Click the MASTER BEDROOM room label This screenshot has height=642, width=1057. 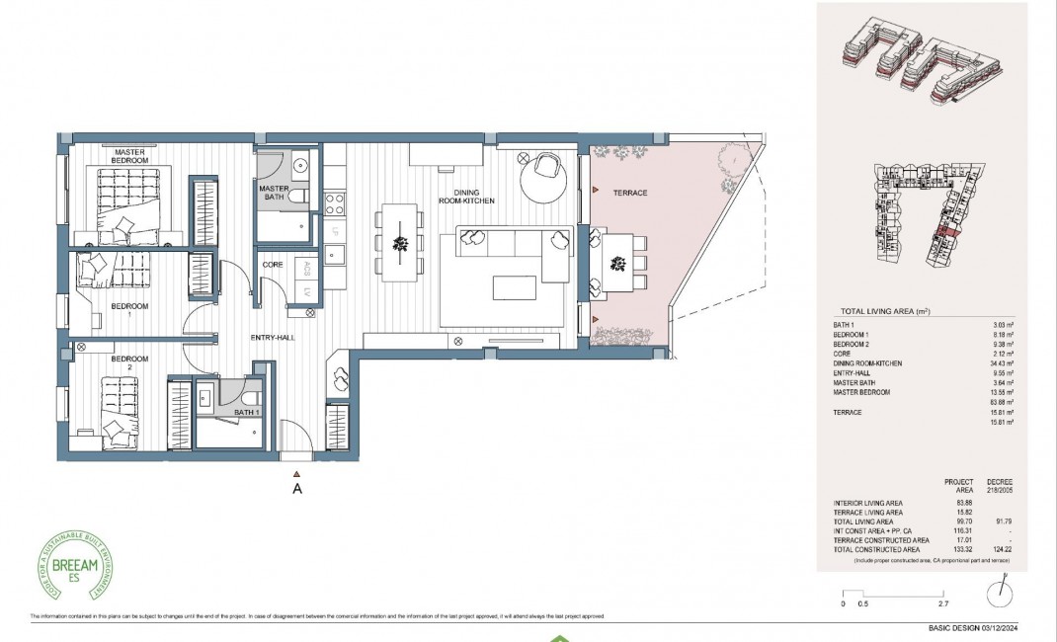click(x=130, y=156)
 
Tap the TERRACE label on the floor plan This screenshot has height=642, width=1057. click(x=629, y=193)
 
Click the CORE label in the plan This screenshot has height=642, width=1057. click(x=273, y=265)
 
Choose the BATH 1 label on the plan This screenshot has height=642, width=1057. click(x=246, y=412)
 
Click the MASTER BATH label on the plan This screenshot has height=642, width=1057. click(x=273, y=192)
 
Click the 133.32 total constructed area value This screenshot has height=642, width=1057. click(x=964, y=549)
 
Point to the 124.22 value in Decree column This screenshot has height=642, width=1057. click(x=1003, y=549)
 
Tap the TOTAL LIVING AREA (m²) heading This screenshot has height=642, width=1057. click(x=884, y=311)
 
